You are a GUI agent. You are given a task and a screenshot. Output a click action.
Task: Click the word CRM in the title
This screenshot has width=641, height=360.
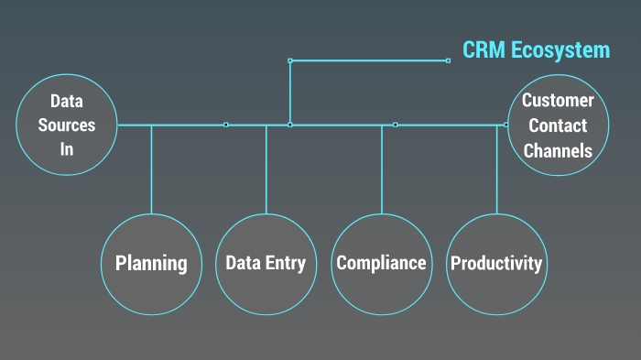tap(483, 50)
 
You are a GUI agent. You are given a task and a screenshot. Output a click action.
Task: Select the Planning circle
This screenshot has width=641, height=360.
tap(151, 264)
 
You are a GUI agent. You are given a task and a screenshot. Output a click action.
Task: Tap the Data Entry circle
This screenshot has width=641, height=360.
tap(266, 264)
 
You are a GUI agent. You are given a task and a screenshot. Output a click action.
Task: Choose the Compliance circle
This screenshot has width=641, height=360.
tap(381, 264)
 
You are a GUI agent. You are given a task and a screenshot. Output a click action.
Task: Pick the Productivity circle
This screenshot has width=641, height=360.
tap(496, 264)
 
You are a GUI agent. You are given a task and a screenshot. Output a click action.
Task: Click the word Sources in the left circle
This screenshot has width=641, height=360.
tap(67, 125)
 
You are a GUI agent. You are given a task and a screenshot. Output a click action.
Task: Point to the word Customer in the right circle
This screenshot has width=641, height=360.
tap(558, 101)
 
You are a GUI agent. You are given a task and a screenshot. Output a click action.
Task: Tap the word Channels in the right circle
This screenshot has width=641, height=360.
tap(558, 150)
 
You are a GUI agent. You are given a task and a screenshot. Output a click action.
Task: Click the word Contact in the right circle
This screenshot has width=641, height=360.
tap(558, 125)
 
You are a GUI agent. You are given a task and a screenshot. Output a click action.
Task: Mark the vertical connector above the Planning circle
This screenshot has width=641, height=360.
tap(151, 169)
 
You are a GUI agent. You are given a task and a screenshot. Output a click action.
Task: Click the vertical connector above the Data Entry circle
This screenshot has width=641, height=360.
tap(266, 169)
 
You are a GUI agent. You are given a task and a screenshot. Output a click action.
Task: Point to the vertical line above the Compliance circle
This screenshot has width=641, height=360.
tap(382, 169)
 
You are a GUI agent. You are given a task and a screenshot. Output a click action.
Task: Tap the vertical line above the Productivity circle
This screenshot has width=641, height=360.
tap(497, 169)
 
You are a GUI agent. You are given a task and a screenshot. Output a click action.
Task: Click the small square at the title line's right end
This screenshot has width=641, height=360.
tap(448, 60)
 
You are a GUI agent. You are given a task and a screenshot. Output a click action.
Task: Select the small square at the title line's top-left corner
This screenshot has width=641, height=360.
tap(290, 60)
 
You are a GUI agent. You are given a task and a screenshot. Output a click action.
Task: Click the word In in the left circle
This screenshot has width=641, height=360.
tap(67, 148)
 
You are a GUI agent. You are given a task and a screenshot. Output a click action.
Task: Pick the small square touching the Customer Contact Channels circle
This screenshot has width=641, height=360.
tap(506, 125)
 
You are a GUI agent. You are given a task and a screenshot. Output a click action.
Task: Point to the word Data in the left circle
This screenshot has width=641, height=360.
tap(67, 101)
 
